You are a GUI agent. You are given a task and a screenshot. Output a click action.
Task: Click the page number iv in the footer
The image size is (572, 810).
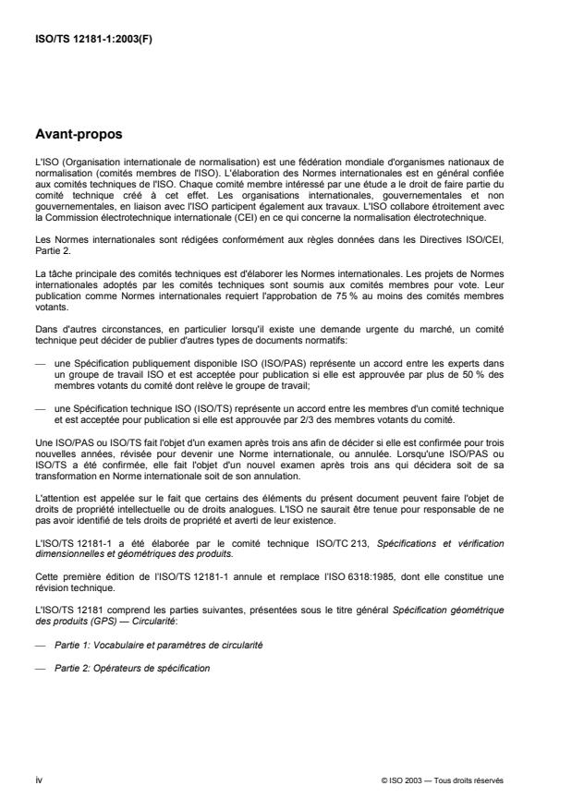point(39,780)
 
